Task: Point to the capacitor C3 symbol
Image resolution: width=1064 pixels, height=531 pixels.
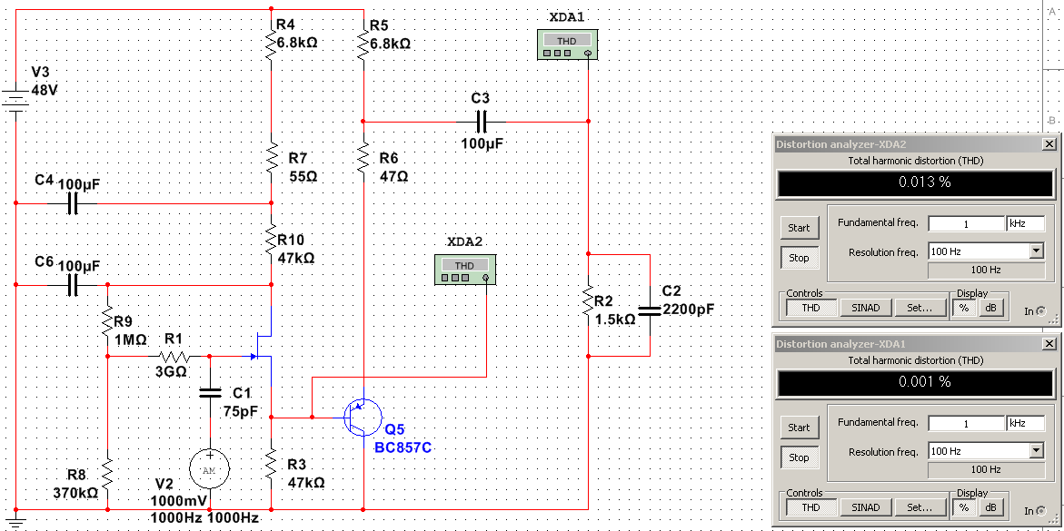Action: (x=482, y=121)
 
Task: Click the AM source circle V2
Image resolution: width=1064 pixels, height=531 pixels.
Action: (x=209, y=468)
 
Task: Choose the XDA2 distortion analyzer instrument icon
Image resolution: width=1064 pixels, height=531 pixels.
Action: (x=464, y=269)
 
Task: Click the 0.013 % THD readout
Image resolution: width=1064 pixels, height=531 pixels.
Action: (x=917, y=182)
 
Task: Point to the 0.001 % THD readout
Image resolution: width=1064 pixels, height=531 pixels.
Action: (x=917, y=382)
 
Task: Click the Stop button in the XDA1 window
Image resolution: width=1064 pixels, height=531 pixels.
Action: (x=799, y=457)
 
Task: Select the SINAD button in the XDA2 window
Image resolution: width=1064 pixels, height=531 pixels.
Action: (x=866, y=308)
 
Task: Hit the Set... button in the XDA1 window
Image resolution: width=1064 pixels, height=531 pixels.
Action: (x=920, y=507)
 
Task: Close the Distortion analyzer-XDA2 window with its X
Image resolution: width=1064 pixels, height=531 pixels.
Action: (x=1049, y=144)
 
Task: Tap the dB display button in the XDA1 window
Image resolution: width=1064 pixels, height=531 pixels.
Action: (x=991, y=507)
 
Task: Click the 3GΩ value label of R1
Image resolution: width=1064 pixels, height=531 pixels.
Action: (x=170, y=371)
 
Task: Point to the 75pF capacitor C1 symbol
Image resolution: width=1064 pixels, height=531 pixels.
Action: (x=209, y=393)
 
